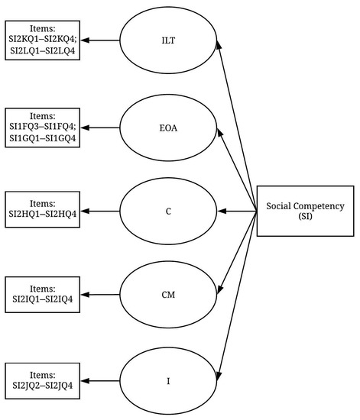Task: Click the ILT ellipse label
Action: (x=168, y=40)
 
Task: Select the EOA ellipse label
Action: (x=168, y=128)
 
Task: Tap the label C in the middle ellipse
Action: (x=168, y=212)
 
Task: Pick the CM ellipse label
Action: (x=168, y=295)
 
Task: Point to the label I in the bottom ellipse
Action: (x=168, y=381)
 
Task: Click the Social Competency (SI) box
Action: (x=305, y=211)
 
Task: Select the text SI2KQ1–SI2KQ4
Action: (x=43, y=40)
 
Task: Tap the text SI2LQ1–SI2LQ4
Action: (x=43, y=50)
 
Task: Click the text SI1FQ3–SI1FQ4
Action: (x=43, y=127)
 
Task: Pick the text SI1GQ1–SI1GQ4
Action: (x=43, y=138)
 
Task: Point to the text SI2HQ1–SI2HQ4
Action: (x=43, y=214)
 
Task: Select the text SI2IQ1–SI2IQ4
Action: (x=43, y=299)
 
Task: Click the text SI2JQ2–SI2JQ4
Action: (x=43, y=385)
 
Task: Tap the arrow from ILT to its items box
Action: (x=100, y=40)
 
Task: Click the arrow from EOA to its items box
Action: (x=100, y=128)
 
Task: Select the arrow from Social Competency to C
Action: (x=237, y=212)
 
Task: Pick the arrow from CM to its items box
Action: (x=100, y=295)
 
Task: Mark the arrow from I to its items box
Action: (x=100, y=381)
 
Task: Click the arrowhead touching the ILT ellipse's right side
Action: (x=219, y=44)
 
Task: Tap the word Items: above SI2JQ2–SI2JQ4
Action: (x=43, y=375)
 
